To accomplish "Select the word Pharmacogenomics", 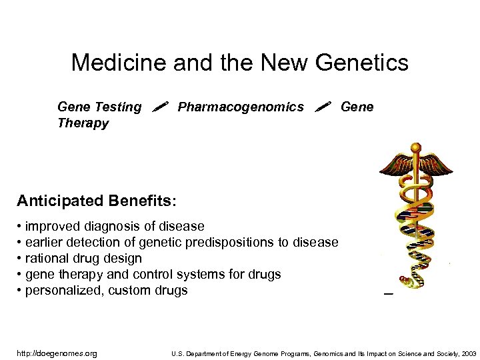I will pos(241,107).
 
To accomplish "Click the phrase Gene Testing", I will pos(99,107).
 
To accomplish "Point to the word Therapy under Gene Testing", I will pos(83,123).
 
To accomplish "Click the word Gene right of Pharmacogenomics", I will pos(357,107).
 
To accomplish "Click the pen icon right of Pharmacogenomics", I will pos(323,106).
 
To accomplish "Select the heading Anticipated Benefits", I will pos(97,200).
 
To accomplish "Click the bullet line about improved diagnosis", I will pos(111,226).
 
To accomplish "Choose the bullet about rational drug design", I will pos(79,258).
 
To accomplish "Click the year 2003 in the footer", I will pos(469,353).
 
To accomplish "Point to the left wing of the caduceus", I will pos(394,164).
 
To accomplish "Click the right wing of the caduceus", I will pos(436,164).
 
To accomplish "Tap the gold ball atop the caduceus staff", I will pos(415,147).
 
